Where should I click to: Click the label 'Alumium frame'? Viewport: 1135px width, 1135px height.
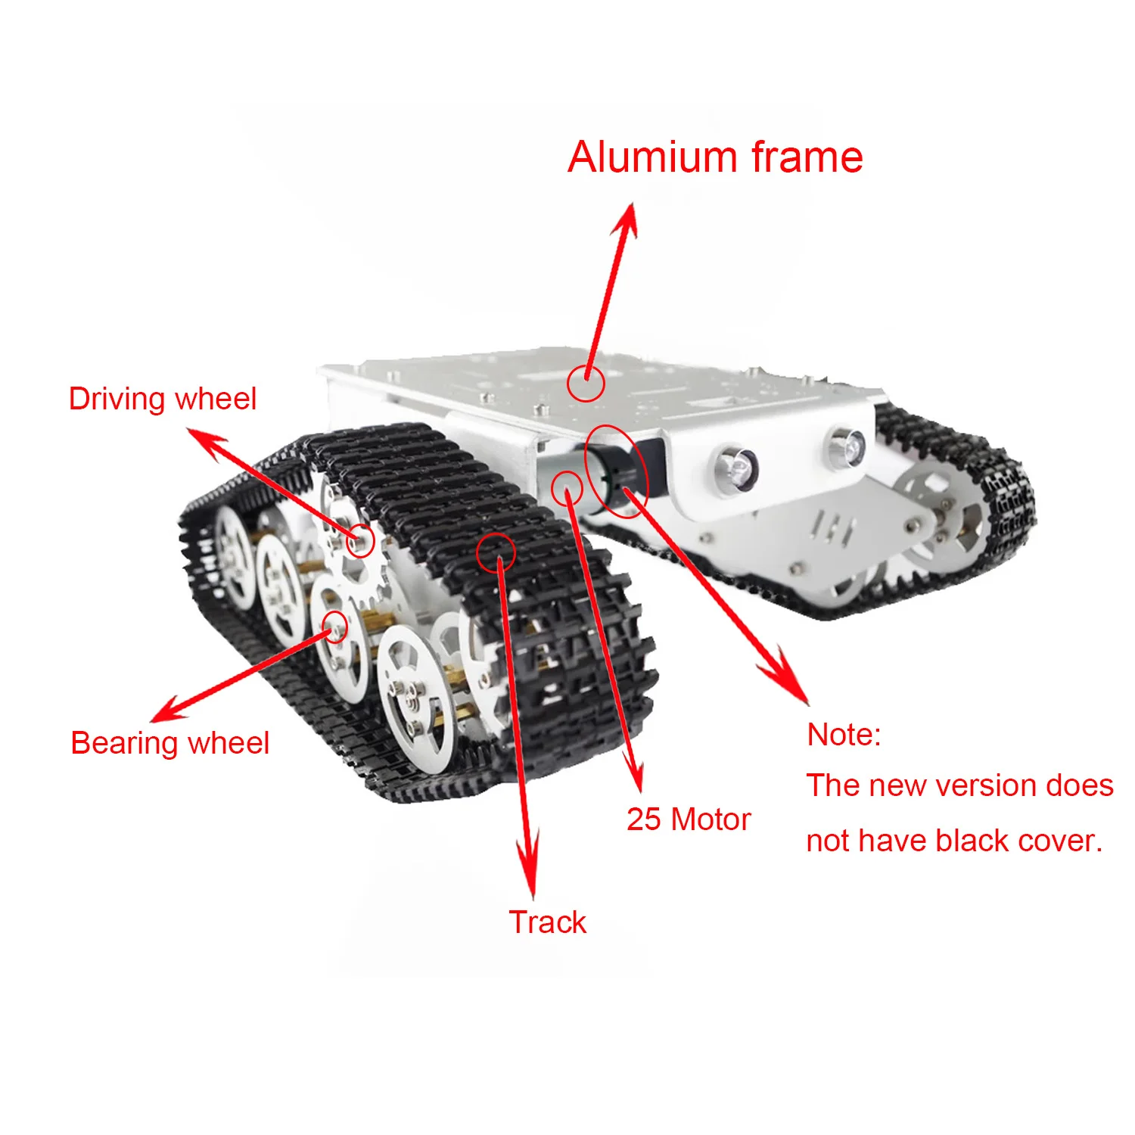[x=715, y=157]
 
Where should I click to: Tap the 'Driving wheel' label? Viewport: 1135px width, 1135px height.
[x=163, y=399]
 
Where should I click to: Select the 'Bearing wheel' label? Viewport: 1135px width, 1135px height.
[x=169, y=743]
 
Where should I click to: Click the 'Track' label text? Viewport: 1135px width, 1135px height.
[x=547, y=922]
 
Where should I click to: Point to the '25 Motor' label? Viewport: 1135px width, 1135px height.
[x=688, y=819]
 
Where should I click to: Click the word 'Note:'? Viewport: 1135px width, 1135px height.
[x=844, y=735]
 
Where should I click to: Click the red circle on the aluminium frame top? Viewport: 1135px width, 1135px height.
[x=586, y=383]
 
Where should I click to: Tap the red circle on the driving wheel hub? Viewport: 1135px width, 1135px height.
[x=361, y=540]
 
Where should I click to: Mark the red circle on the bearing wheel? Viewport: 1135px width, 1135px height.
[x=335, y=627]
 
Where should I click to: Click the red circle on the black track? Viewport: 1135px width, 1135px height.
[x=496, y=552]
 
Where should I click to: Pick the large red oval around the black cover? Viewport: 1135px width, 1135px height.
[x=617, y=471]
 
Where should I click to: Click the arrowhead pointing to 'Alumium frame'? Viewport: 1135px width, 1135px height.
[x=627, y=216]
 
